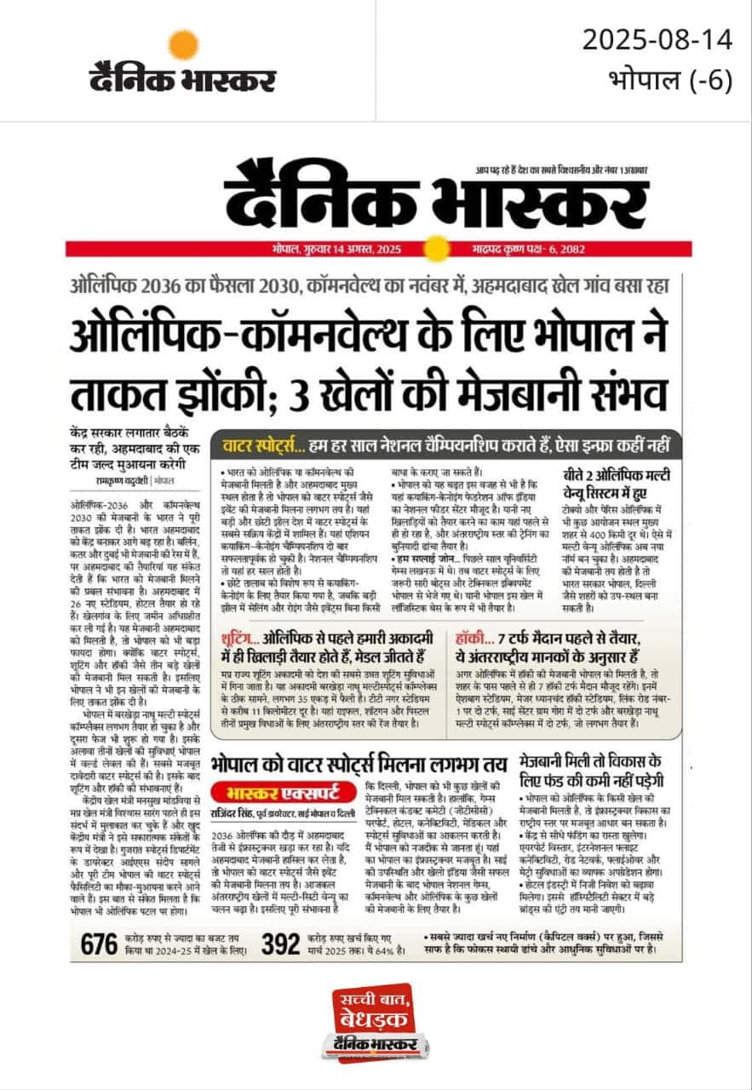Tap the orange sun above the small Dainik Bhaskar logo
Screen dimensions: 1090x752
pos(183,44)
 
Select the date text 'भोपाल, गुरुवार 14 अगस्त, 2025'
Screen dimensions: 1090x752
pos(345,250)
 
